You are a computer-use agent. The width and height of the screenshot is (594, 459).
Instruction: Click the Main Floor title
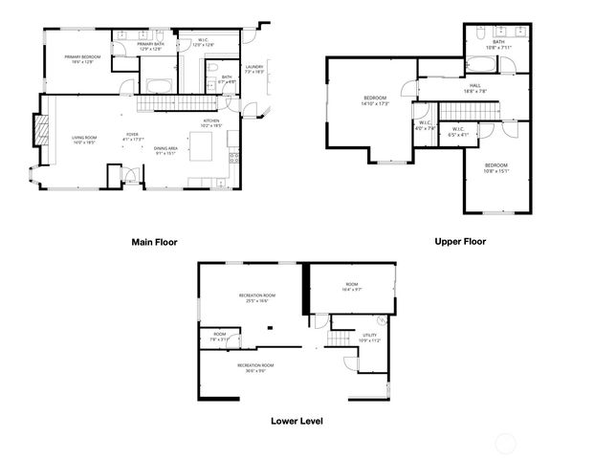click(x=154, y=243)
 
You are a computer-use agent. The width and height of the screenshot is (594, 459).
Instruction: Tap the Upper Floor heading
click(x=460, y=242)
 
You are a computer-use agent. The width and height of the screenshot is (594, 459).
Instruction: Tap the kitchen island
click(x=203, y=146)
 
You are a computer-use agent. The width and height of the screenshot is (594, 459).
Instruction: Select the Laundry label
click(x=253, y=69)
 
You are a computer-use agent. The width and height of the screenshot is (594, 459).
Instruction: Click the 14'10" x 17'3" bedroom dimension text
click(x=375, y=103)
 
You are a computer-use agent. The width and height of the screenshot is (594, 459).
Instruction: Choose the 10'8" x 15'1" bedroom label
click(x=496, y=169)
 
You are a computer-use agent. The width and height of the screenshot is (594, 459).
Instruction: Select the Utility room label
click(x=369, y=338)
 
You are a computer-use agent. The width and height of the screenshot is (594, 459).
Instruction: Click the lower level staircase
click(x=338, y=340)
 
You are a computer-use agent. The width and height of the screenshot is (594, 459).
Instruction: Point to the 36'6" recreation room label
click(x=255, y=367)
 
